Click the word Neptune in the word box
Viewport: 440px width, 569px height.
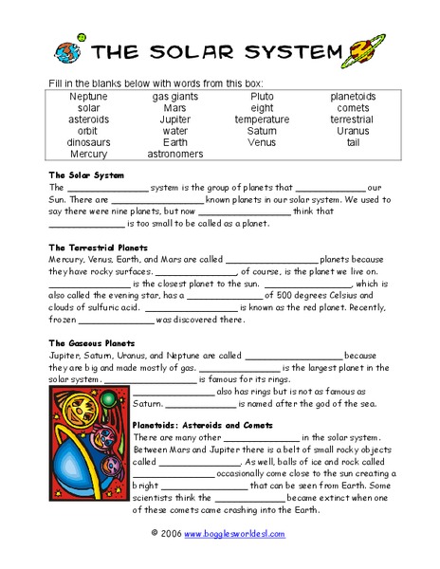click(89, 97)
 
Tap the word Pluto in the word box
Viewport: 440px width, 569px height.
click(262, 97)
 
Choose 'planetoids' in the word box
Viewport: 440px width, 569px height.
click(353, 97)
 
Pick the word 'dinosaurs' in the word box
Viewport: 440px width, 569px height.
click(89, 142)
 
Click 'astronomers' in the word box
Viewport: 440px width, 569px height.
click(175, 154)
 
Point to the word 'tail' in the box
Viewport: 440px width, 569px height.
click(353, 142)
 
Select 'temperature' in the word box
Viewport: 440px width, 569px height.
click(262, 119)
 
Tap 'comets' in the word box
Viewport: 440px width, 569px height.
click(353, 108)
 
